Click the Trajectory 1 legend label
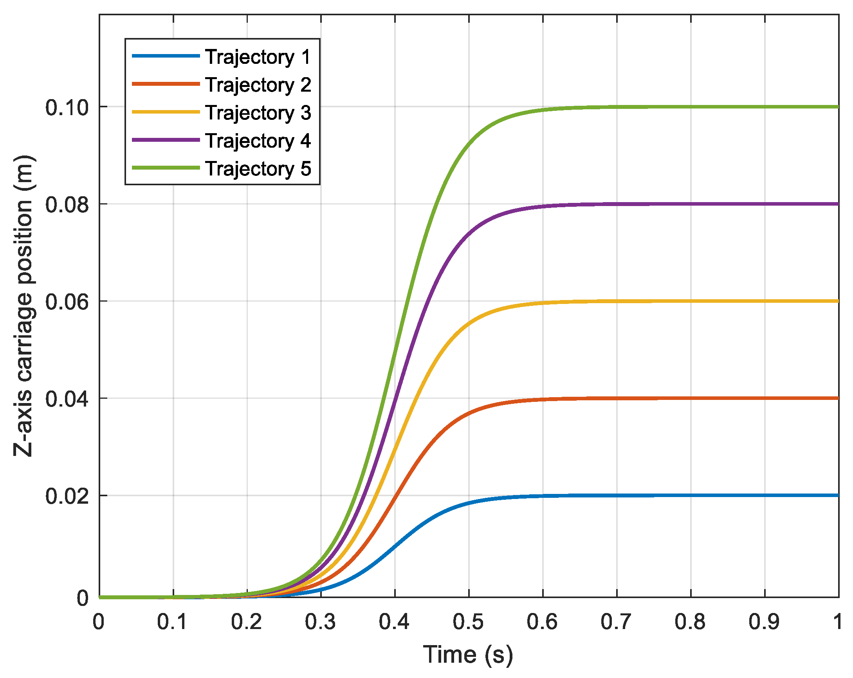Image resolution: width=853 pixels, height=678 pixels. point(258,57)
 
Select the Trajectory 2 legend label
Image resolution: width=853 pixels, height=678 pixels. point(258,85)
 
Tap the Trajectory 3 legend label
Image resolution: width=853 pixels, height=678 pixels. point(258,112)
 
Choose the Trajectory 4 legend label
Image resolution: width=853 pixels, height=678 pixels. point(258,141)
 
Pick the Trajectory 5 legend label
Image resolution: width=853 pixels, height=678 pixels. point(258,168)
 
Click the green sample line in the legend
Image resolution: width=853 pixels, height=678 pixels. point(166,168)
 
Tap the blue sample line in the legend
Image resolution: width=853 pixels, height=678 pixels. point(166,56)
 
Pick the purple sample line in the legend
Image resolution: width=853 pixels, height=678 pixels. point(166,140)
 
